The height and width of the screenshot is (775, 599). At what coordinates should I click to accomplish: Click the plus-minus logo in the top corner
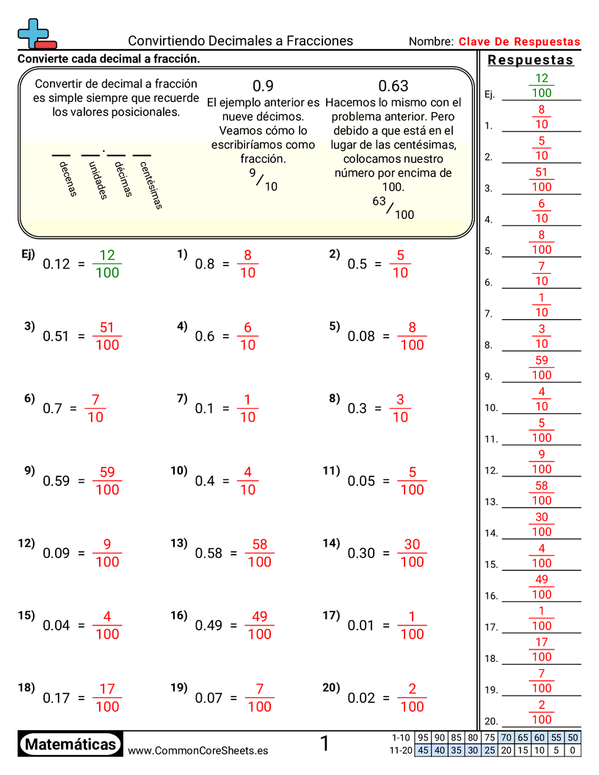35,34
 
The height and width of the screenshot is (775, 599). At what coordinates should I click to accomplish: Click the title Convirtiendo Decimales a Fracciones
240,41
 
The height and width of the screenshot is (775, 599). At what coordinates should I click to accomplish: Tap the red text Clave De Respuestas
519,42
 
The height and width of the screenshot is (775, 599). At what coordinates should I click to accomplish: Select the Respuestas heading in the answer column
530,60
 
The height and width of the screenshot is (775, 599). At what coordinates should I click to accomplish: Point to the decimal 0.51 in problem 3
56,336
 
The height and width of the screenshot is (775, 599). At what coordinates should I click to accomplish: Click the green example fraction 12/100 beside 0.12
107,263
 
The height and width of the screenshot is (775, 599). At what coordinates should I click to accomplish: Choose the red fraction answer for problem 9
107,481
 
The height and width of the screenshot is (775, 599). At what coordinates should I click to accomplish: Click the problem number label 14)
331,543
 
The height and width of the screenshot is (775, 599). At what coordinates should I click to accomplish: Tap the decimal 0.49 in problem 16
208,625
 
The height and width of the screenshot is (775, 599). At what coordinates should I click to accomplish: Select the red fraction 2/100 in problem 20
412,697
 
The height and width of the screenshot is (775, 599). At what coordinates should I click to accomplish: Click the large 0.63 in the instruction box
393,86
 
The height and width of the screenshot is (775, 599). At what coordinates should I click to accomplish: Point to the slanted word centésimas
150,184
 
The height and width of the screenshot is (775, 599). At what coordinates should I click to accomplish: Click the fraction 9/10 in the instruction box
262,180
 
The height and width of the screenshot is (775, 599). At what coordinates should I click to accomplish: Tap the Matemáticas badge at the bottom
70,745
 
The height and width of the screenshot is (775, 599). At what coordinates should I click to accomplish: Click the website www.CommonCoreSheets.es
197,751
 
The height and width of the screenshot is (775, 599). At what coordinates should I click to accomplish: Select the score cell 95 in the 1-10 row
423,738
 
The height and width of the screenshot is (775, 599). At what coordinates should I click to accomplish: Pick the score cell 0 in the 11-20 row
573,750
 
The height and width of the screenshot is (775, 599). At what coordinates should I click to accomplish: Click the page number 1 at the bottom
324,744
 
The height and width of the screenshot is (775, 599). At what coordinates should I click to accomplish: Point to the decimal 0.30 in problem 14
361,553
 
